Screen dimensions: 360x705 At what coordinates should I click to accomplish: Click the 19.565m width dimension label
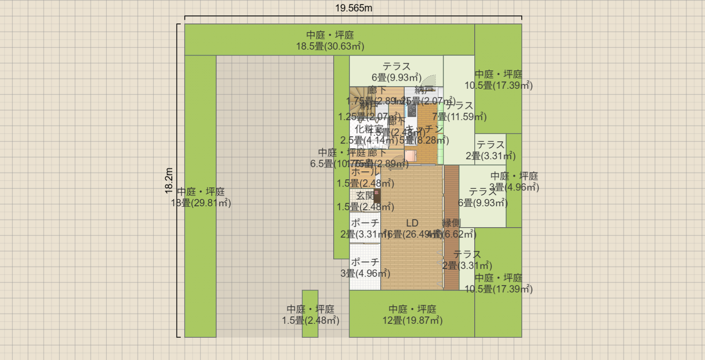[353, 8]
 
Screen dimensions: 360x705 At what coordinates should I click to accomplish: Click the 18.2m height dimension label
[169, 180]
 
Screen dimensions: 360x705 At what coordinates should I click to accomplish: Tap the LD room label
[412, 223]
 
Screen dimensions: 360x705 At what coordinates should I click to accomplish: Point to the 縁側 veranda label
[451, 223]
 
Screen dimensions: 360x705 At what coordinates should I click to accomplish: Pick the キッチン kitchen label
[425, 129]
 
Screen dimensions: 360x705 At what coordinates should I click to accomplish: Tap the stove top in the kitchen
[412, 111]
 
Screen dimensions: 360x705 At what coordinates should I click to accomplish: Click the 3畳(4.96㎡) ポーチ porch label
[365, 273]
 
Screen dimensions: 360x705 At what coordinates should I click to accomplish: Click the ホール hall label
[365, 172]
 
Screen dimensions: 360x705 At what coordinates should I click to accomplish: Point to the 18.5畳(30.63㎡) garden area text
[330, 46]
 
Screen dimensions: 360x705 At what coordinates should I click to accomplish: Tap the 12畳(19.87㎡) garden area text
[412, 320]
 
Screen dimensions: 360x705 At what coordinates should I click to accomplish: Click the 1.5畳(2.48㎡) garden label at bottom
[310, 320]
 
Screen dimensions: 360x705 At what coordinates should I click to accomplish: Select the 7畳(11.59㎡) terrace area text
[459, 117]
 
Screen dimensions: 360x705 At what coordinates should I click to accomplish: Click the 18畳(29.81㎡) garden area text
[201, 203]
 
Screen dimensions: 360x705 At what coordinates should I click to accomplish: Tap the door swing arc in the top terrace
[429, 80]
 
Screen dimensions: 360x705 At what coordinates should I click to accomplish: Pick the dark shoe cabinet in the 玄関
[377, 196]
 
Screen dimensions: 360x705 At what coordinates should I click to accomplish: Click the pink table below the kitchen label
[411, 156]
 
